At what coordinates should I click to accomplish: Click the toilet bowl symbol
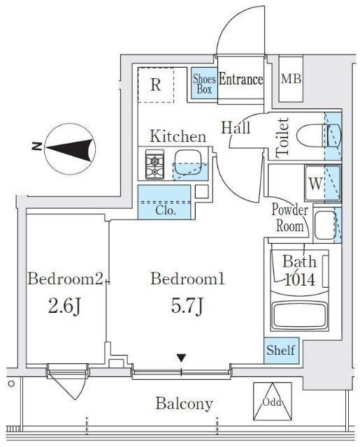tap(319, 135)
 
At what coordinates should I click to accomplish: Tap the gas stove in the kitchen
tap(154, 165)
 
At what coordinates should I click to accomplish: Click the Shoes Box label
tap(204, 84)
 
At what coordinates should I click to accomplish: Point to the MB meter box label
tap(291, 79)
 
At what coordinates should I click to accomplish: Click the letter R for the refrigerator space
tap(155, 85)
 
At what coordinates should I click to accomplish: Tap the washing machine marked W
tap(323, 184)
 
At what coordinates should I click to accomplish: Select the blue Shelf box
tap(281, 351)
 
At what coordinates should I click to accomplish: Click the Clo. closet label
tap(166, 211)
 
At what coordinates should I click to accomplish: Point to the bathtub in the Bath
tap(299, 316)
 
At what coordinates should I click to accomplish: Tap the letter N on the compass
tap(37, 147)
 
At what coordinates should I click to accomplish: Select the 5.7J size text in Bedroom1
tap(187, 306)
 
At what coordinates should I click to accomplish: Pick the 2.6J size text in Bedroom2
tap(65, 307)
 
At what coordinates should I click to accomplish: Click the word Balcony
tap(185, 404)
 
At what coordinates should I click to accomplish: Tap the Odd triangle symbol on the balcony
tap(273, 402)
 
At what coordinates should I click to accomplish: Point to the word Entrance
tap(240, 79)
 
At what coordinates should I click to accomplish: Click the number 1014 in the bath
tap(300, 279)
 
